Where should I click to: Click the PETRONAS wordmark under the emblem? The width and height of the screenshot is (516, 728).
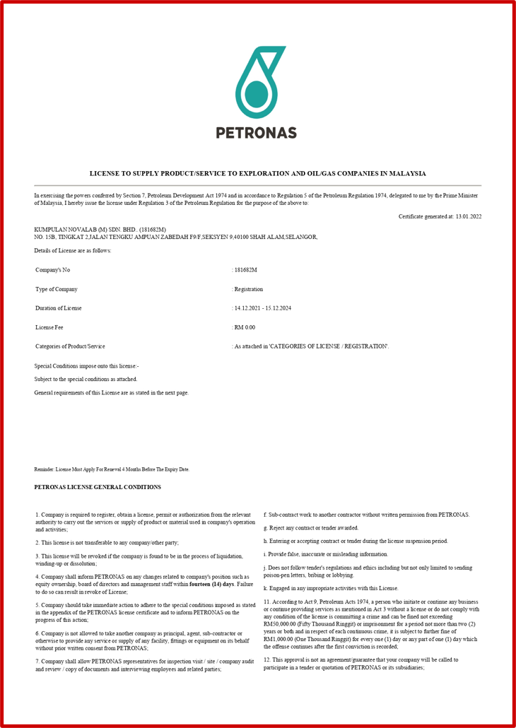click(x=256, y=132)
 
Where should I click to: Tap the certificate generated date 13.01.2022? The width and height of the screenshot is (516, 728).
click(x=469, y=216)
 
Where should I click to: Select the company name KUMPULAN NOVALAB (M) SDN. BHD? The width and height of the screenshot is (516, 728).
click(x=86, y=230)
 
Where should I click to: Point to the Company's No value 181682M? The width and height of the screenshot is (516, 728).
click(x=245, y=270)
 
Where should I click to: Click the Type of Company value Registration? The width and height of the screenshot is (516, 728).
click(x=249, y=289)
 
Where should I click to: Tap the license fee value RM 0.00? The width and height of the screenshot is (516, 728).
click(x=245, y=327)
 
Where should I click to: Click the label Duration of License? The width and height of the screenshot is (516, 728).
click(x=59, y=308)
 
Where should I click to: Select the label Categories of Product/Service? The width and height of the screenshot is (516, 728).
click(x=70, y=346)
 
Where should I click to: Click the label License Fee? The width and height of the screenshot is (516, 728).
click(x=49, y=327)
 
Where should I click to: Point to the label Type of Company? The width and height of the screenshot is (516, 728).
click(x=57, y=289)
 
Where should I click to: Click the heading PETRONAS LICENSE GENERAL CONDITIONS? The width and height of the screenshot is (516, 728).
click(x=98, y=487)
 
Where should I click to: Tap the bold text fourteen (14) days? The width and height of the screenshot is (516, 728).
click(x=211, y=585)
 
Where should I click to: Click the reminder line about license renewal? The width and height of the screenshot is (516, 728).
click(x=112, y=469)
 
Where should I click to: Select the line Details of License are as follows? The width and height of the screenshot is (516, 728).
click(x=73, y=252)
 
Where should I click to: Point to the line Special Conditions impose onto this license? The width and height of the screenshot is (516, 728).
click(x=87, y=366)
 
